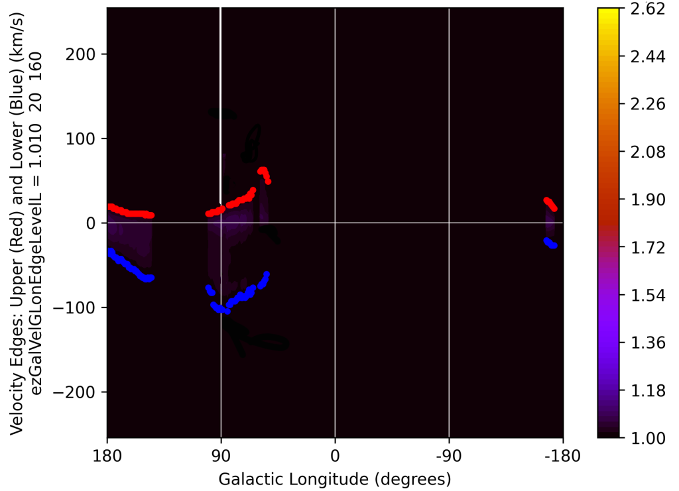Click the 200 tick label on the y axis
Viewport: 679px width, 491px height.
click(x=83, y=54)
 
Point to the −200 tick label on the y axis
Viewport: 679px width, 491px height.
click(x=80, y=392)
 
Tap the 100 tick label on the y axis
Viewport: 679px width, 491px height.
click(x=83, y=138)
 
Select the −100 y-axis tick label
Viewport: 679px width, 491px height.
click(x=80, y=307)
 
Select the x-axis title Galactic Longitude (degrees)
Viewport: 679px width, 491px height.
click(x=335, y=478)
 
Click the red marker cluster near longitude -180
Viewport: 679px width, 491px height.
click(x=550, y=204)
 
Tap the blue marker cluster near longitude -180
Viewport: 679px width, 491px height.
click(x=550, y=243)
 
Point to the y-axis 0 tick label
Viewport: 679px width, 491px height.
click(x=92, y=223)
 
